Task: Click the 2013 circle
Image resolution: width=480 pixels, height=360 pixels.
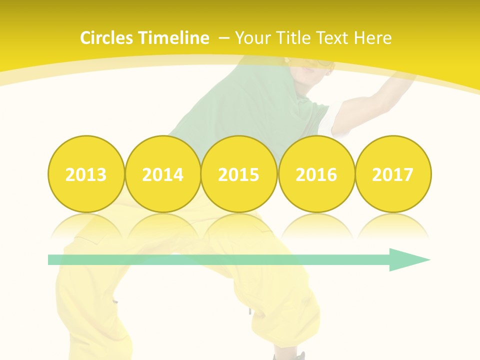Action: [86, 174]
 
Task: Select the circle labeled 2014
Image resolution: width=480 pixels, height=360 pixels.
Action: [163, 174]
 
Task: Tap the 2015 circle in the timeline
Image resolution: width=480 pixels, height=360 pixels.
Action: [239, 174]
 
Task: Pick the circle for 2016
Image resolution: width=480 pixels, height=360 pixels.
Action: [316, 174]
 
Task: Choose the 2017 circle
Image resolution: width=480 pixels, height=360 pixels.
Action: [393, 174]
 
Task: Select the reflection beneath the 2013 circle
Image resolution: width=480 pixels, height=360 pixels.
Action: [86, 225]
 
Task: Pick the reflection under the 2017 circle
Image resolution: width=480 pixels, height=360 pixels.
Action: [393, 225]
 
